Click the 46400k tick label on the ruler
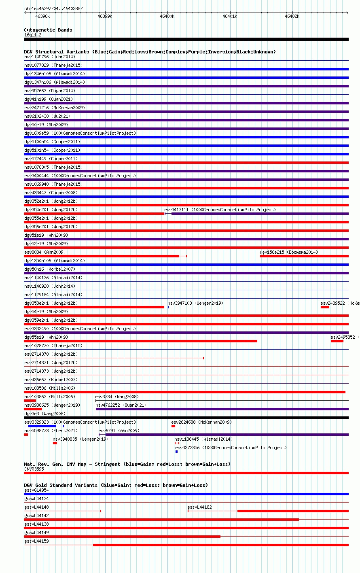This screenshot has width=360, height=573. (167, 16)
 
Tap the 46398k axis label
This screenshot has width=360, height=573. (42, 16)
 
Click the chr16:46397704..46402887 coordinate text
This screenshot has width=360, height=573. (53, 8)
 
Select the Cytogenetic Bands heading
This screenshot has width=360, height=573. (48, 30)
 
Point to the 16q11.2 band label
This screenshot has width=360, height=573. (33, 35)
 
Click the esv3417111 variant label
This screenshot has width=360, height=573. (176, 210)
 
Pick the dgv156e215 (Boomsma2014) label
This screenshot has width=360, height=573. (289, 252)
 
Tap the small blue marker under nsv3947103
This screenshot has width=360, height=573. (168, 307)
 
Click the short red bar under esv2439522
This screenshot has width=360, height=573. (325, 307)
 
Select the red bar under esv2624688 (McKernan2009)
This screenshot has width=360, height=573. (174, 426)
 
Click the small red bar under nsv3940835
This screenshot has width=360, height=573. (55, 443)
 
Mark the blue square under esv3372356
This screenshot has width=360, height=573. (176, 452)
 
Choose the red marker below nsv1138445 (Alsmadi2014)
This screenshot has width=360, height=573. (177, 443)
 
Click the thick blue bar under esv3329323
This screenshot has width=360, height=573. (42, 426)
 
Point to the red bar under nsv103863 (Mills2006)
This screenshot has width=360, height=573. (30, 401)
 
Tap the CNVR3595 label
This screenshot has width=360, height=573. (34, 469)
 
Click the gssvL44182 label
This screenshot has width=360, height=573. (199, 507)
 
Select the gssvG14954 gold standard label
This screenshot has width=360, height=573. (36, 490)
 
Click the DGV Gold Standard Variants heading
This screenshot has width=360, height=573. (116, 485)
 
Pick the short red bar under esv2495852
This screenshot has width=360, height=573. (337, 341)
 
